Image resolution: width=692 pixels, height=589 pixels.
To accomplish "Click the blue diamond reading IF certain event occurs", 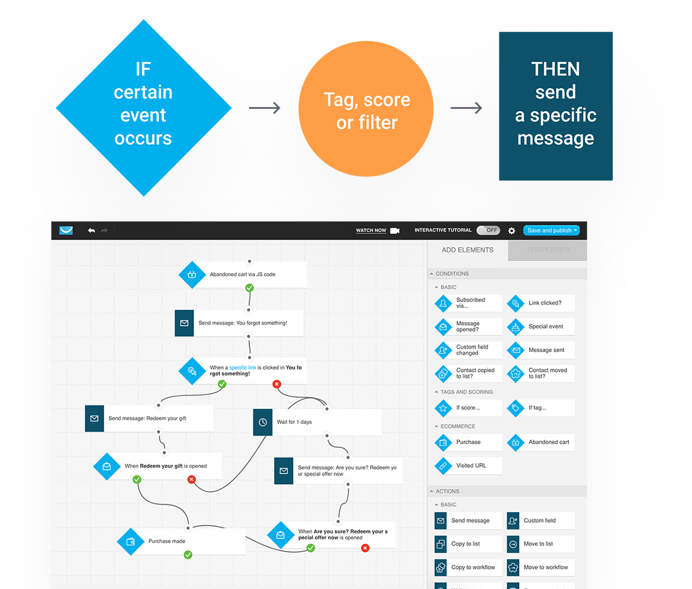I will coord(143,108).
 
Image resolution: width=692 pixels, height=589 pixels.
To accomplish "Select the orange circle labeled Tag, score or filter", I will coord(366,109).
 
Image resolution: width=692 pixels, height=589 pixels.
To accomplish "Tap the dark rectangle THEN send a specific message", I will coord(555,106).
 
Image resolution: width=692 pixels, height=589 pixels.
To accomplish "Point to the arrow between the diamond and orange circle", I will coord(265,108).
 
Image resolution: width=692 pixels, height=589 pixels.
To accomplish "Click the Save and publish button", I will coord(551,230).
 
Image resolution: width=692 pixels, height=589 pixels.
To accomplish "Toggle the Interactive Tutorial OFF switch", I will coord(488,230).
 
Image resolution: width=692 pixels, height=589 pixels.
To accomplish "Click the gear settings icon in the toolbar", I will coord(512,231).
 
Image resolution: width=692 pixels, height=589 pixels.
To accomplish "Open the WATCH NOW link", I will coord(371,230).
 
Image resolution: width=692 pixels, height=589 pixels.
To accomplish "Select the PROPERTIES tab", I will coord(548,250).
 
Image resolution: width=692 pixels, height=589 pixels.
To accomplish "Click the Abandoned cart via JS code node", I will coord(243,274).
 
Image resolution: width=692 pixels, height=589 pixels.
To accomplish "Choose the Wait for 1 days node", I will coord(317,422).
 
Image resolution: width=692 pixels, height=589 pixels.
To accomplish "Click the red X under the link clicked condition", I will coord(276,384).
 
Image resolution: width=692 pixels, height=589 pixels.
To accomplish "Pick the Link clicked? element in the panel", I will coord(540,303).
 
